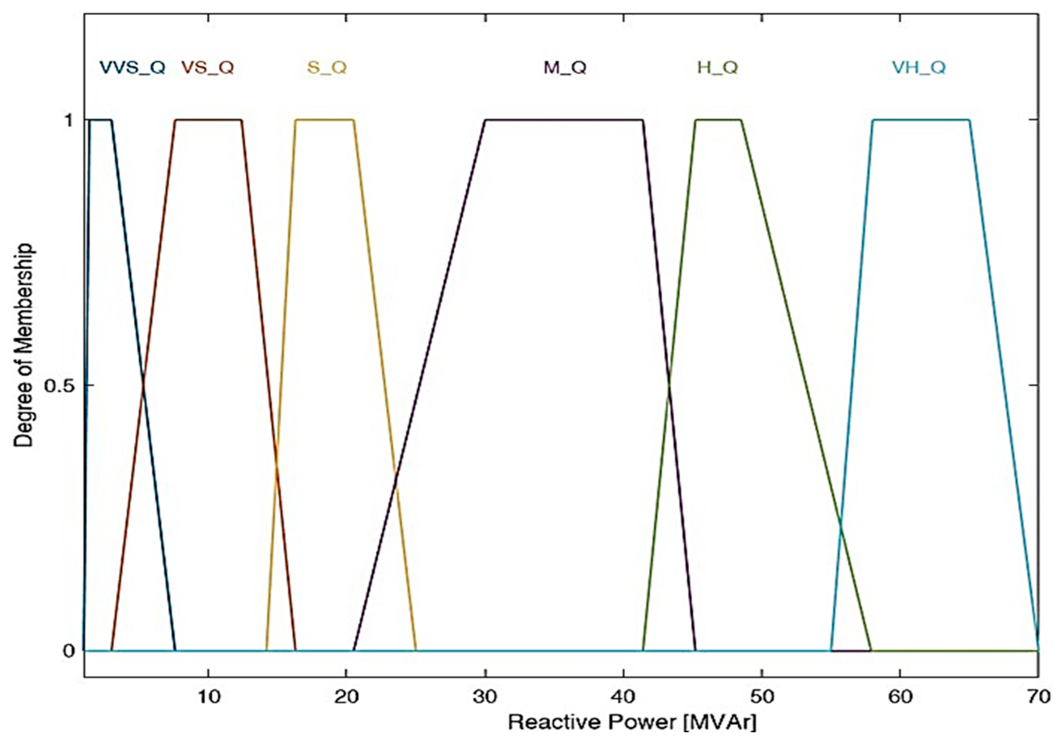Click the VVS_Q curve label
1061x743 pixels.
point(133,68)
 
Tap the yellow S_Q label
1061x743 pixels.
point(327,68)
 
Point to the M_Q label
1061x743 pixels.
point(565,68)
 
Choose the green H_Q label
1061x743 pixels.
point(717,68)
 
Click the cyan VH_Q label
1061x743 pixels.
point(919,68)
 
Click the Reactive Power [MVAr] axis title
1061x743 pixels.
point(632,722)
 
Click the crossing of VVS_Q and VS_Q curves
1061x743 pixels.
point(143,385)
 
